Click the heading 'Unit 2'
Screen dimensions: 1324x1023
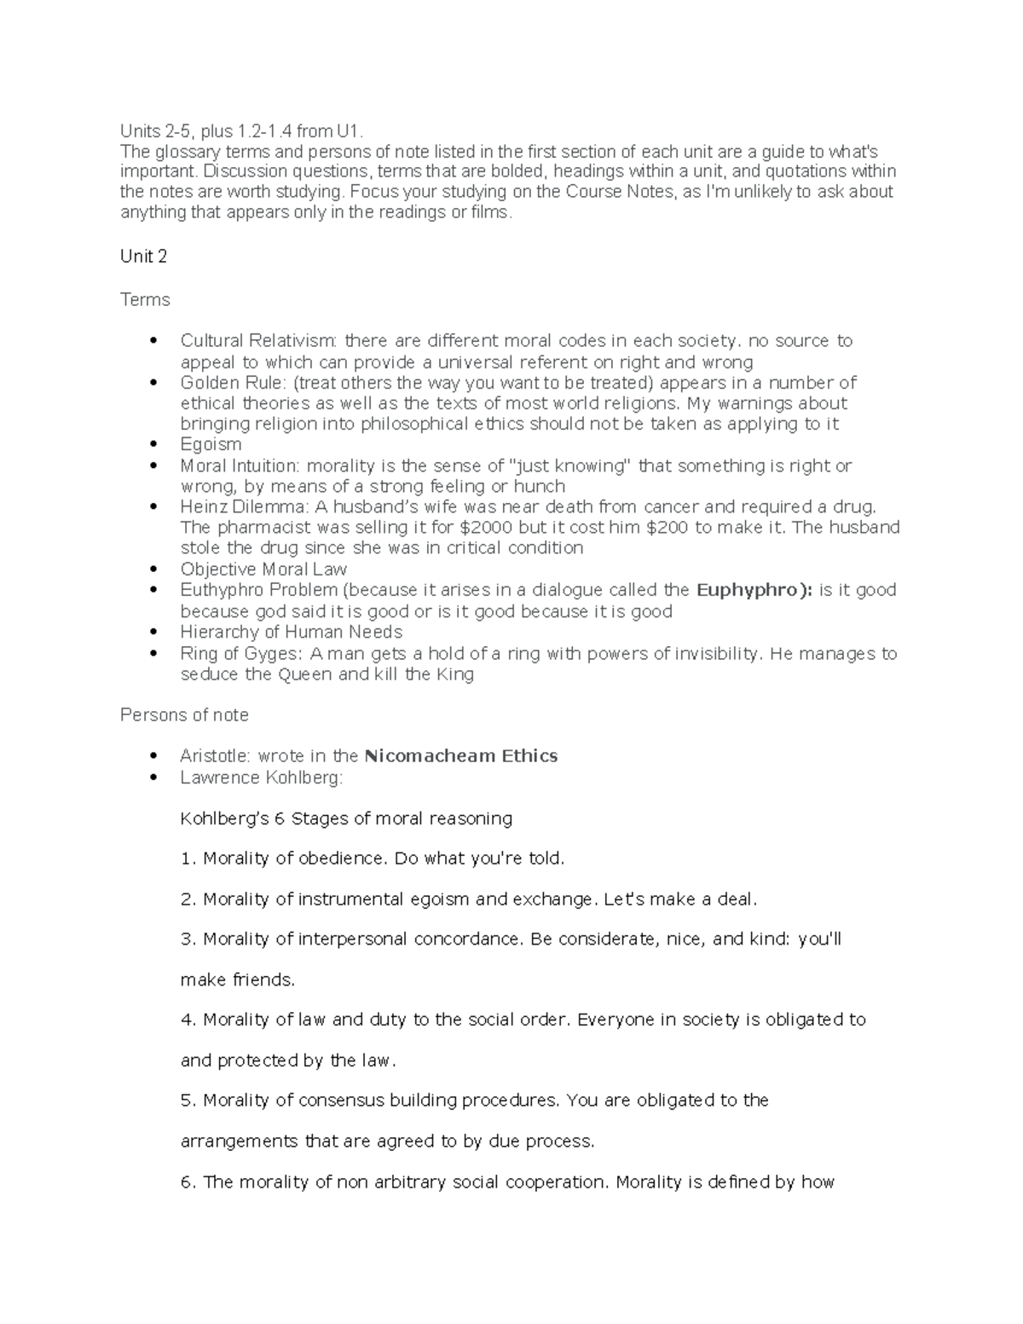coord(143,257)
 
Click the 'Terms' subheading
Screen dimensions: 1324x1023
coord(145,300)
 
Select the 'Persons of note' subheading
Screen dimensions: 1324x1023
coord(184,715)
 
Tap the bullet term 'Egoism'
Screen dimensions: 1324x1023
coord(211,444)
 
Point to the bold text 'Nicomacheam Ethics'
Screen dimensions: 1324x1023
coord(460,756)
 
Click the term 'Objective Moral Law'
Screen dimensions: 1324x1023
coord(263,569)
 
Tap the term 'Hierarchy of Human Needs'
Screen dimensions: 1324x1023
coord(291,633)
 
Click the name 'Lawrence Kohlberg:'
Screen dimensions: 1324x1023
coord(261,778)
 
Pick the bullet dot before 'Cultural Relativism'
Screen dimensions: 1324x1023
coord(153,341)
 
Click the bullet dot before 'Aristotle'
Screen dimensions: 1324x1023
coord(153,756)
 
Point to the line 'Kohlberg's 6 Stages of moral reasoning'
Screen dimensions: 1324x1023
coord(346,819)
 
